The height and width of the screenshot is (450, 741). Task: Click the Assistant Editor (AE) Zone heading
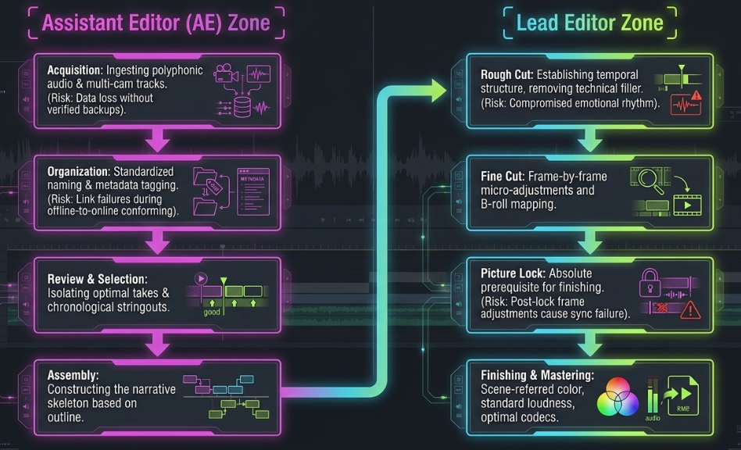156,23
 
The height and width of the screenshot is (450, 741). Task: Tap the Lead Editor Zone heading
590,23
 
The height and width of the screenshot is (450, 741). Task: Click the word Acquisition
75,70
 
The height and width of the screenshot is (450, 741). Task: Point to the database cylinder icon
242,107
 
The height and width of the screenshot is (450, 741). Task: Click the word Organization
78,172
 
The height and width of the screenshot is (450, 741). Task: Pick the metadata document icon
253,191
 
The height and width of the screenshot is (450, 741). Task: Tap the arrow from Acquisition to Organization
157,139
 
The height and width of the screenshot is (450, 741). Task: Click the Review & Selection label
98,279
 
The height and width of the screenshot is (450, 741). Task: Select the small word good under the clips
212,312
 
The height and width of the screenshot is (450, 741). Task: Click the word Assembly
73,376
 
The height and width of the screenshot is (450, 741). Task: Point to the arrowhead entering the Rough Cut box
439,91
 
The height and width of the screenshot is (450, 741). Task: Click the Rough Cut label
507,74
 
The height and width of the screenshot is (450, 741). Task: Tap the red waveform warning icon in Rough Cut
686,103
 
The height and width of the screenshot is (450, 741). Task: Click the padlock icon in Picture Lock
650,283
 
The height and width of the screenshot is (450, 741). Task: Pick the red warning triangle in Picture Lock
690,309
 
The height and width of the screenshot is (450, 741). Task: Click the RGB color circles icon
617,397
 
